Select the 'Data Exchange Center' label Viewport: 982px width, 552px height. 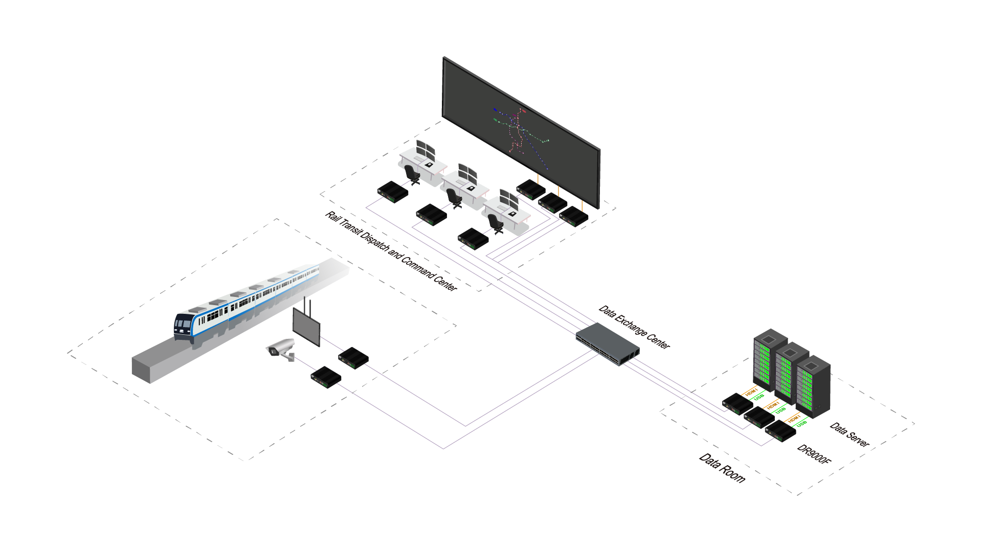click(634, 327)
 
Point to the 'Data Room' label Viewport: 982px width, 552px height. click(722, 468)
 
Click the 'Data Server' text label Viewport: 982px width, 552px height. click(849, 434)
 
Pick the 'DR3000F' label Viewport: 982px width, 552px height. click(814, 454)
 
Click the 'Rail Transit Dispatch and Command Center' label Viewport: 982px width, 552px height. click(391, 251)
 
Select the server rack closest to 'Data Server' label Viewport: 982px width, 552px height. click(813, 386)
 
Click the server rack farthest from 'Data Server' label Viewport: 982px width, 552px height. click(770, 358)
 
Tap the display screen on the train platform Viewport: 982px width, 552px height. click(306, 326)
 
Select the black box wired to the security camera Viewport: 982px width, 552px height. click(326, 377)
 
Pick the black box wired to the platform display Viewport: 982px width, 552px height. click(353, 358)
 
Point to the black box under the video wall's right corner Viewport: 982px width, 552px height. click(574, 216)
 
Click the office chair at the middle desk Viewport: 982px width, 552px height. click(454, 198)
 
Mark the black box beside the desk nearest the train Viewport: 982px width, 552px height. click(393, 191)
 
